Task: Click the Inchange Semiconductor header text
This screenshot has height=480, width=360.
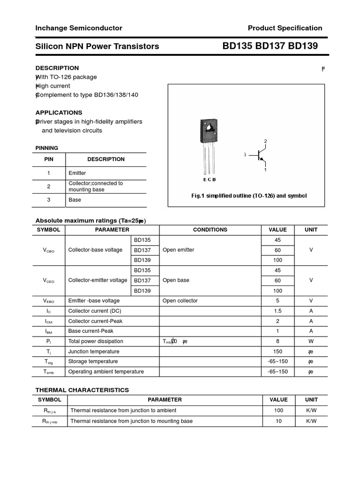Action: [79, 28]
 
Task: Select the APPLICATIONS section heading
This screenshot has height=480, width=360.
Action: [59, 112]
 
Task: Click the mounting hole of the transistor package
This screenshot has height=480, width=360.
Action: [208, 126]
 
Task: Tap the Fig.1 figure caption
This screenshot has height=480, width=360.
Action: [249, 195]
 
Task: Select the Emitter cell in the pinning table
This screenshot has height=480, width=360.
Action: [77, 173]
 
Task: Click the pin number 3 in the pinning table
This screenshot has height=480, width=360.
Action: [49, 200]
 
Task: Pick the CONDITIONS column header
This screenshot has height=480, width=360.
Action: [210, 230]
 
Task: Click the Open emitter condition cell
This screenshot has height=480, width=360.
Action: [178, 250]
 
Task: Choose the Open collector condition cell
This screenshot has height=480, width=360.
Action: [180, 300]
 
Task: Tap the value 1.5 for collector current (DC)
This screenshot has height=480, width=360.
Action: [277, 311]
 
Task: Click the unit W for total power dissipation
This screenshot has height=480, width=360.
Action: [311, 341]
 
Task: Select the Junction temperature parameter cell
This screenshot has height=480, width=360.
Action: [94, 352]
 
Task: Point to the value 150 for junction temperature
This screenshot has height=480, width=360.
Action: [277, 352]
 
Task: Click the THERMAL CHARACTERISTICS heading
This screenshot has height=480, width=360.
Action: [82, 390]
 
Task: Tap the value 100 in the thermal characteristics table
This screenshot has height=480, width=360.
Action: [279, 411]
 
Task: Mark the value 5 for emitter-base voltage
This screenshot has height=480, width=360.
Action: [277, 300]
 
